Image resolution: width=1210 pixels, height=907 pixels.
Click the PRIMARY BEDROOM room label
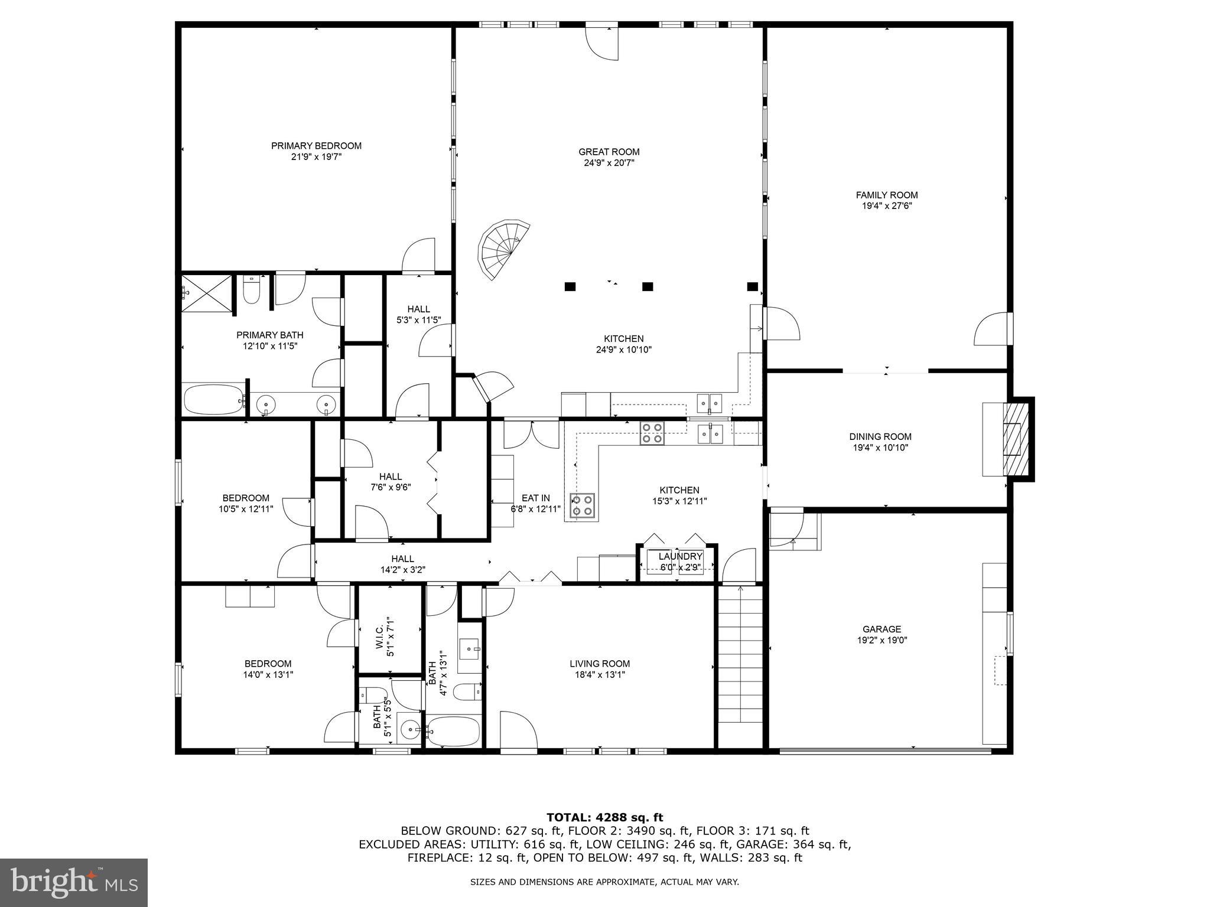316,146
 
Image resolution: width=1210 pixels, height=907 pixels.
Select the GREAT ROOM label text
609,152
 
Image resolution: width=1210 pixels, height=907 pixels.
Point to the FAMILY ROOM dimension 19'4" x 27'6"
886,206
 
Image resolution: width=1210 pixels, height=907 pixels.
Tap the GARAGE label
882,629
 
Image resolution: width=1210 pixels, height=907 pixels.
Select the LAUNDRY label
680,556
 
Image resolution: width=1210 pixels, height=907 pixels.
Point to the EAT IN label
535,498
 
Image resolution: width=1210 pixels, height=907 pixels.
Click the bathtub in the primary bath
213,400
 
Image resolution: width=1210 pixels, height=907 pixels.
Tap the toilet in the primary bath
252,291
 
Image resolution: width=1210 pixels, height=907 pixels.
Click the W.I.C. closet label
379,637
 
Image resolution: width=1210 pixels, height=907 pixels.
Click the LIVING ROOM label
600,664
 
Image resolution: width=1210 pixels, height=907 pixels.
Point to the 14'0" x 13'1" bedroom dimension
268,674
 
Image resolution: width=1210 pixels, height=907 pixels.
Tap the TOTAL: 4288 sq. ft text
604,817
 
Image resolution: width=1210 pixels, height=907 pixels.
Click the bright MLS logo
74,882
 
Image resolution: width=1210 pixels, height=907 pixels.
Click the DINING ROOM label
880,436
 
